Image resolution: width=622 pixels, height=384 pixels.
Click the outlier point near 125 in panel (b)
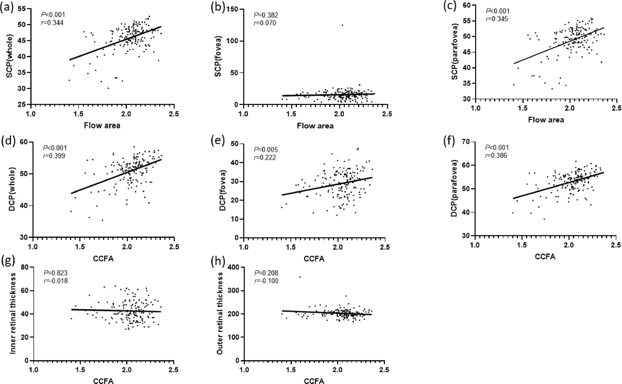click(342, 25)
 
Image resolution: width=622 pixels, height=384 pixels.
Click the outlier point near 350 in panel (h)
click(300, 277)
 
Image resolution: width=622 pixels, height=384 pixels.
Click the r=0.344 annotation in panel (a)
click(52, 23)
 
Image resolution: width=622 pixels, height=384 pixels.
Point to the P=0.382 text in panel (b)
click(266, 15)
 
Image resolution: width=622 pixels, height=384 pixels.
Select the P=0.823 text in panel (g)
click(56, 273)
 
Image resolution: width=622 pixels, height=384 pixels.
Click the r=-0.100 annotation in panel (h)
click(266, 281)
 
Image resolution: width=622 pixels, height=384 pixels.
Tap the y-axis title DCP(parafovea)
click(454, 189)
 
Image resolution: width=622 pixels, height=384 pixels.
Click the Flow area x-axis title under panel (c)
click(546, 120)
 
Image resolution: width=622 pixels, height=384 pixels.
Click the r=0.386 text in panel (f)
click(496, 156)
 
